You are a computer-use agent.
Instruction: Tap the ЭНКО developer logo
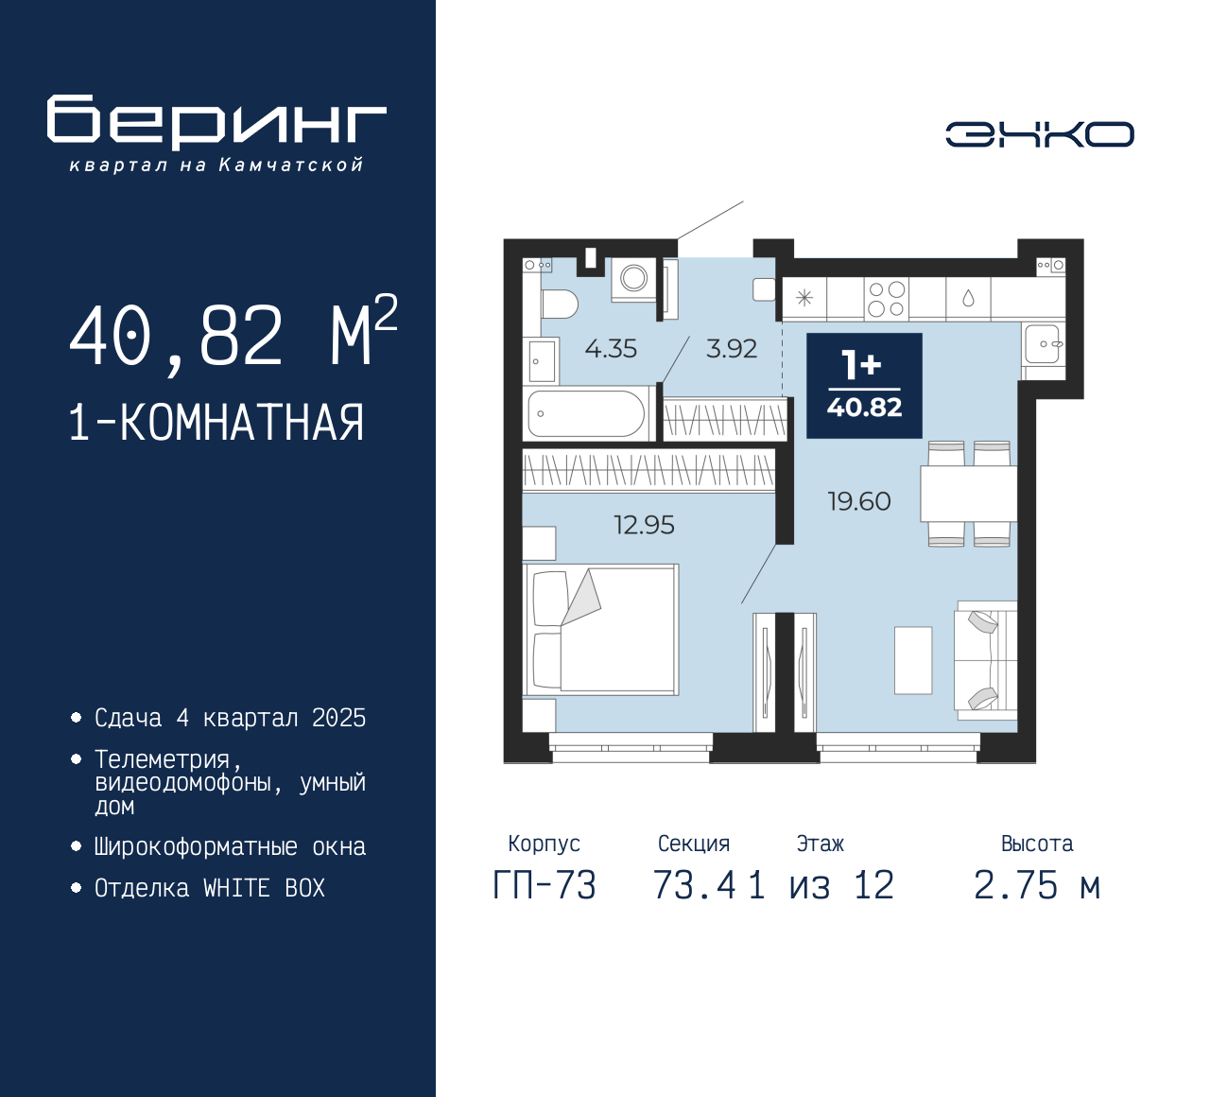pyautogui.click(x=1039, y=134)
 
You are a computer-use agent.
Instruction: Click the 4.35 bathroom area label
pyautogui.click(x=611, y=349)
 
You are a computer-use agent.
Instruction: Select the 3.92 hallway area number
pyautogui.click(x=731, y=349)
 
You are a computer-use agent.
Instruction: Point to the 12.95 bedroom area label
pyautogui.click(x=644, y=525)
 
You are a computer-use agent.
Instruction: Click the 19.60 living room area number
pyautogui.click(x=859, y=501)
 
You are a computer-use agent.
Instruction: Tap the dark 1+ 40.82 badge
pyautogui.click(x=864, y=386)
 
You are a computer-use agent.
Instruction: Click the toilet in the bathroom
pyautogui.click(x=560, y=304)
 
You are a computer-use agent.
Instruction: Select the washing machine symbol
pyautogui.click(x=633, y=279)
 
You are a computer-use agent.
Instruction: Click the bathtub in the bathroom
pyautogui.click(x=587, y=413)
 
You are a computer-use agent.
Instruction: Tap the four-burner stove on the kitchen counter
pyautogui.click(x=886, y=299)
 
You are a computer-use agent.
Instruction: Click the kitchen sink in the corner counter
pyautogui.click(x=1043, y=344)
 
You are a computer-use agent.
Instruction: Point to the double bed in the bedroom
pyautogui.click(x=601, y=630)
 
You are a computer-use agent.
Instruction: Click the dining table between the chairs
pyautogui.click(x=968, y=494)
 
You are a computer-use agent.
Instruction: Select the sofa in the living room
pyautogui.click(x=986, y=661)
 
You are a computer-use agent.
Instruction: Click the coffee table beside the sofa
pyautogui.click(x=913, y=660)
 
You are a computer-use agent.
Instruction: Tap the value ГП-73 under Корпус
pyautogui.click(x=544, y=885)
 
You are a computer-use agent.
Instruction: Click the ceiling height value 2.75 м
pyautogui.click(x=1037, y=885)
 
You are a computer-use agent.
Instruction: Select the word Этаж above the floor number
pyautogui.click(x=820, y=844)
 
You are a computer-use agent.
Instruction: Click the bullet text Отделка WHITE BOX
pyautogui.click(x=209, y=888)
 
